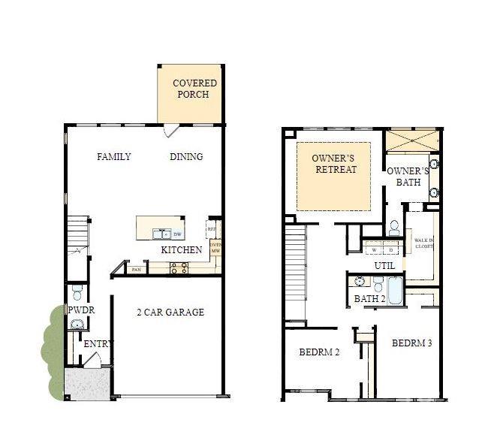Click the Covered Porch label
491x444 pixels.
pos(194,89)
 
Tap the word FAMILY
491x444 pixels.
pos(114,157)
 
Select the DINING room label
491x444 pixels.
pos(186,157)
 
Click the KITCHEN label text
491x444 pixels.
pos(182,250)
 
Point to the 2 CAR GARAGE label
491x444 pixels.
pos(170,313)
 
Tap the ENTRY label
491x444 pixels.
pos(98,344)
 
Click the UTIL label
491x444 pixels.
pos(384,266)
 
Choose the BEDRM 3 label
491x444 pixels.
pos(413,343)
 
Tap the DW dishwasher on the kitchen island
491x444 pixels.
pos(177,234)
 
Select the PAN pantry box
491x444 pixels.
pos(136,269)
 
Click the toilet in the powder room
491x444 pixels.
pos(77,294)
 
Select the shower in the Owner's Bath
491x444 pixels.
pos(411,140)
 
